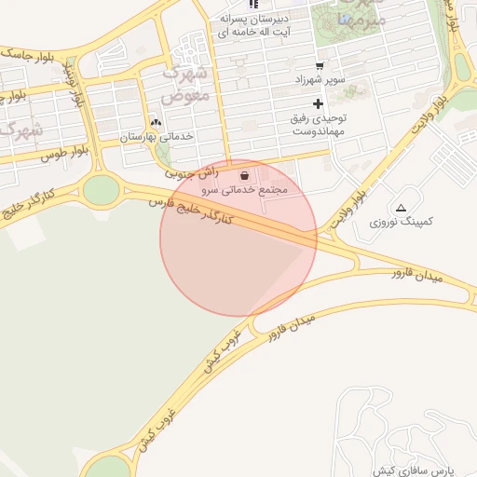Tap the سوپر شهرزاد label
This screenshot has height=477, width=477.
[319, 79]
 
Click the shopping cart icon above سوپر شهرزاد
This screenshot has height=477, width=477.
[319, 65]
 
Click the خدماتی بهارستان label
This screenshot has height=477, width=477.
[156, 136]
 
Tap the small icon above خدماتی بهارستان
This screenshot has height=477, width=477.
[156, 122]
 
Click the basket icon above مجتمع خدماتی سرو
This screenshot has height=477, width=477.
[244, 175]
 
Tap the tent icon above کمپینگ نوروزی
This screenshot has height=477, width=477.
[401, 208]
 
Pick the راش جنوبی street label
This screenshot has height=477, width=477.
[193, 172]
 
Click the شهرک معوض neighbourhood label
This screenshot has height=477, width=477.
[186, 83]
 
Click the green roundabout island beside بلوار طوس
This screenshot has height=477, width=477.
[101, 190]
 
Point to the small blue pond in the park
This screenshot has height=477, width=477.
[346, 19]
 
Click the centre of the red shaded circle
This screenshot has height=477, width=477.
[238, 238]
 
